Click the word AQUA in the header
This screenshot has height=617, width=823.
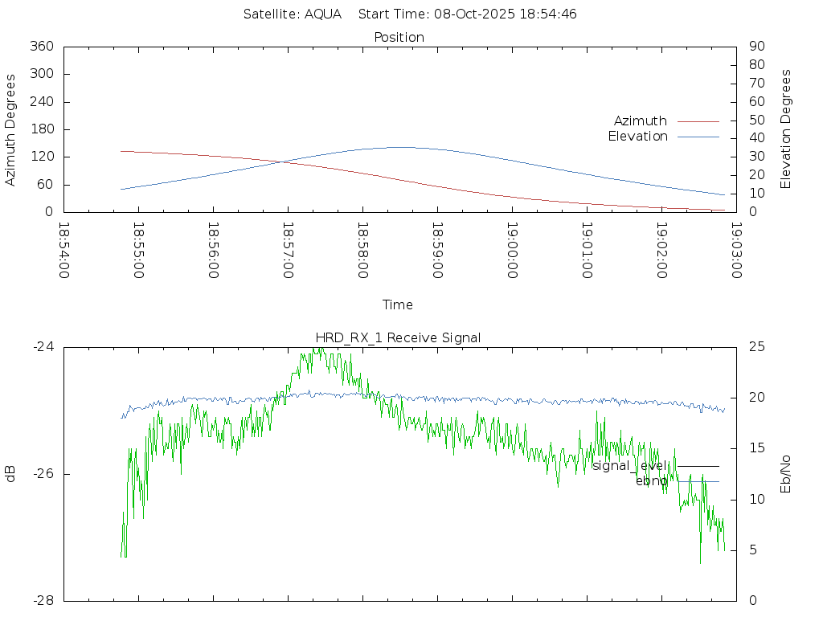pos(323,14)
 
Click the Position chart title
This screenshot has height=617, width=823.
pos(399,37)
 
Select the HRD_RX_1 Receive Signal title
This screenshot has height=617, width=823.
pos(399,337)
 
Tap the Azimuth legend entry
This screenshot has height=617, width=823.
pos(641,121)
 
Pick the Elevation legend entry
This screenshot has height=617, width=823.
pos(638,137)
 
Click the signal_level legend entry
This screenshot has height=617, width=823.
pos(629,465)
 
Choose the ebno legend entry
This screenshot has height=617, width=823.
pos(651,480)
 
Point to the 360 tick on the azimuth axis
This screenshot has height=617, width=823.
pos(41,47)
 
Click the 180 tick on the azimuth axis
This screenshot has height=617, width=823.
pos(41,129)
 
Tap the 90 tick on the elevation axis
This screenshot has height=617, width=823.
pos(756,47)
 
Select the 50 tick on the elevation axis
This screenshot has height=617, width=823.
pos(756,121)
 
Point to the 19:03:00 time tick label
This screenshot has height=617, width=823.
pos(735,251)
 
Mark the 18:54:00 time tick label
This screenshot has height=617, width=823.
pos(64,251)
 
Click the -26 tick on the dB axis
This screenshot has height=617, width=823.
pos(43,474)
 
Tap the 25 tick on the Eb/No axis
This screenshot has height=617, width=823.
pos(756,347)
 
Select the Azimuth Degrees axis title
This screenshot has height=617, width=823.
pos(10,129)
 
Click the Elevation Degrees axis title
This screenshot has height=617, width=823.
pos(786,129)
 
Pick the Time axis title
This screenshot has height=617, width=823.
pos(398,304)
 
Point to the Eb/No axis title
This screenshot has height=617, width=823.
pos(786,473)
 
